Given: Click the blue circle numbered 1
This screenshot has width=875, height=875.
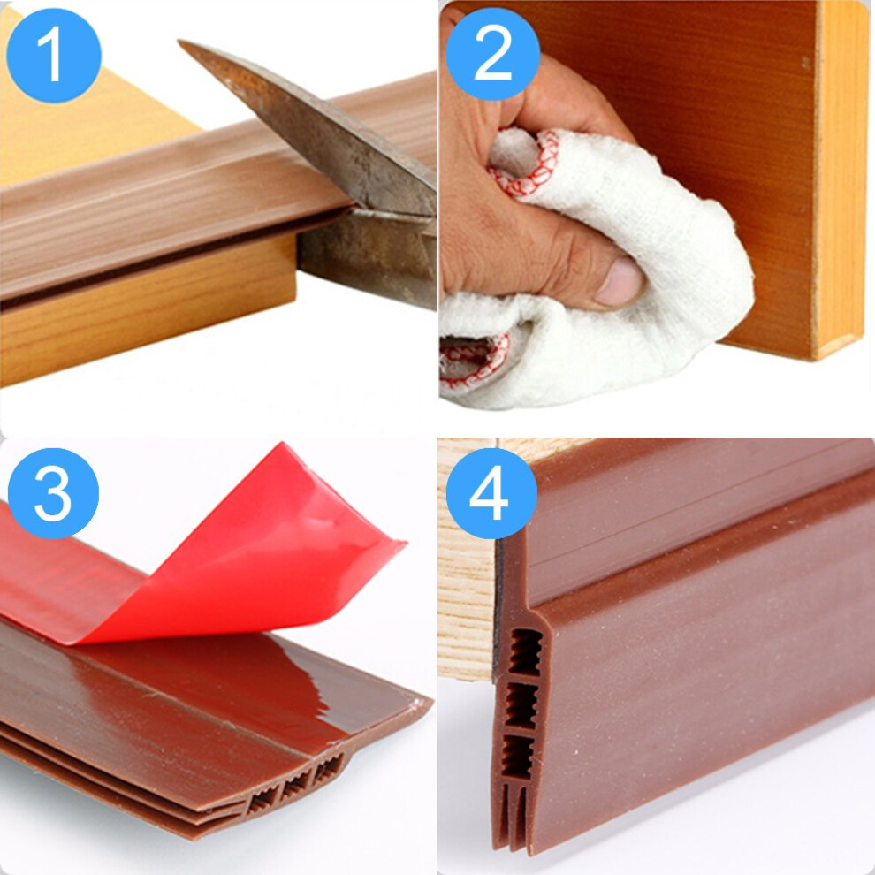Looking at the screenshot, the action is [x=54, y=55].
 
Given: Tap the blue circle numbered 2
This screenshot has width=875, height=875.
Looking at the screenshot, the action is [x=493, y=54].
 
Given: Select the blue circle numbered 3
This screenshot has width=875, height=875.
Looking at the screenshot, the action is [x=53, y=493].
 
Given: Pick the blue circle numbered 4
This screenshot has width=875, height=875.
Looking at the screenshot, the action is [x=491, y=493].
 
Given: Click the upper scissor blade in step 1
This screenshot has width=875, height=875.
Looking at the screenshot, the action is [x=313, y=128].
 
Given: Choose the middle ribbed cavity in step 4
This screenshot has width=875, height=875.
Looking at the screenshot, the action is [x=522, y=705].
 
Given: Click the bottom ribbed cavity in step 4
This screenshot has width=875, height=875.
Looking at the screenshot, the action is [x=518, y=757].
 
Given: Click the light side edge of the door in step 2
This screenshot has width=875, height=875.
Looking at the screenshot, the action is [x=840, y=179].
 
